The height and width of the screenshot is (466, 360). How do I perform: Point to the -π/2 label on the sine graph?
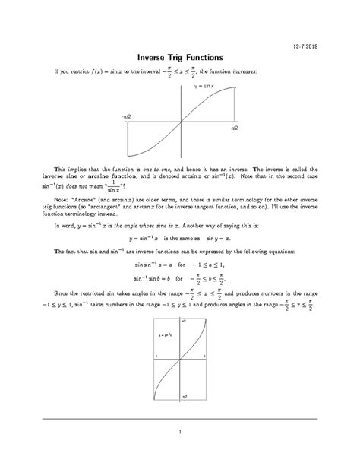tap(126, 116)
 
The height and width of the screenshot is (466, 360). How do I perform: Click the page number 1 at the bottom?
tap(180, 433)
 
